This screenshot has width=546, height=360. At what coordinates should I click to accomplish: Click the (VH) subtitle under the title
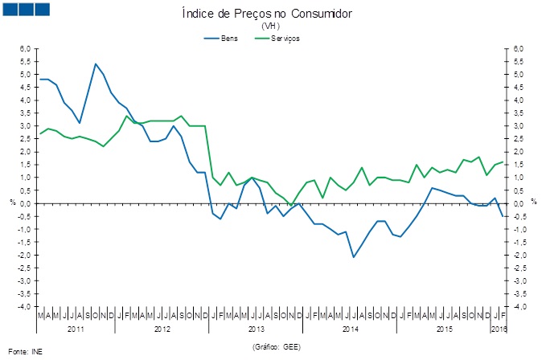coord(270,27)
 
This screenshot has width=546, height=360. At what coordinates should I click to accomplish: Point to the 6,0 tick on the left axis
coord(24,49)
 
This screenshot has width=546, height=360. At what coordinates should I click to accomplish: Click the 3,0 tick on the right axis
coord(518,126)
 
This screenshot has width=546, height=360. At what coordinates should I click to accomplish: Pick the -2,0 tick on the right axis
coord(519,256)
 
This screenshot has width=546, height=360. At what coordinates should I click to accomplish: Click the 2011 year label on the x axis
coord(76,329)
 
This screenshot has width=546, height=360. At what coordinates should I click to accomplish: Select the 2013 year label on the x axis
coord(256,329)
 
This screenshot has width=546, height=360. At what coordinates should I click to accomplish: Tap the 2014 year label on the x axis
coord(350,329)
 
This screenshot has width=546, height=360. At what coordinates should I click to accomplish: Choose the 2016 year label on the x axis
coord(499,329)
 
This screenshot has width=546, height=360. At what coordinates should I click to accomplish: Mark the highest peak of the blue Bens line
coord(96,64)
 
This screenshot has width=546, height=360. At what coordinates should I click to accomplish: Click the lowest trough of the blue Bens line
coord(353,257)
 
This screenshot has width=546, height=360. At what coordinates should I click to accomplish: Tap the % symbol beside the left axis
coord(12,203)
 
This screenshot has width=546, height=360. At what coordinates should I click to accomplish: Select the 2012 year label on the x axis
coord(162,329)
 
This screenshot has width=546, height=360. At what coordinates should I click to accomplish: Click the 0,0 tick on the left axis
coord(24,203)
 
